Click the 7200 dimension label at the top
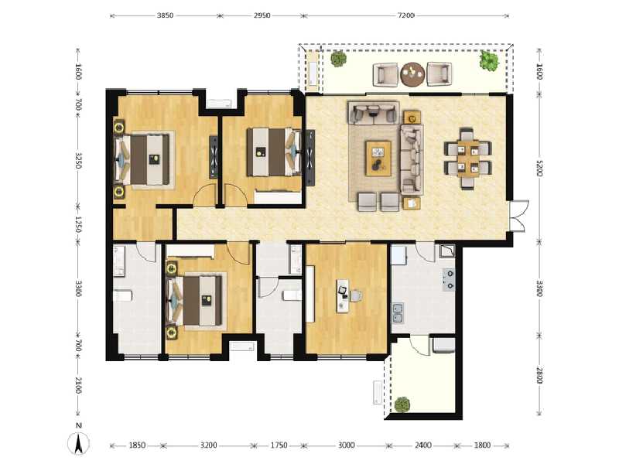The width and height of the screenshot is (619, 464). coord(405,15)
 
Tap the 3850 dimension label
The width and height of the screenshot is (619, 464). coord(165,15)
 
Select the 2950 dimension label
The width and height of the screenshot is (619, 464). coord(262,15)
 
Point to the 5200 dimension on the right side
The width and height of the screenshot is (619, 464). coord(539,168)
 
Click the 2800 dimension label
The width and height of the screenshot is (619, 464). coord(539,375)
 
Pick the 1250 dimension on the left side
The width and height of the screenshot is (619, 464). coord(78,224)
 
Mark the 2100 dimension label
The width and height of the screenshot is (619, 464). coord(78,385)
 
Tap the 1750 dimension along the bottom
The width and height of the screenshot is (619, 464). coord(279,445)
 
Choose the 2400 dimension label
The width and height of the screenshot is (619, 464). coord(422,445)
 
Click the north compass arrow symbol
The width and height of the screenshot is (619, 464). coord(79,443)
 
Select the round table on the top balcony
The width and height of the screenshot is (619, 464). coord(412,74)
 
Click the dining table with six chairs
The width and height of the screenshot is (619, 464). coord(468,159)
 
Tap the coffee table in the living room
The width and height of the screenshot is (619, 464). coord(378,159)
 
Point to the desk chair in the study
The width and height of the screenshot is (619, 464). coord(356,296)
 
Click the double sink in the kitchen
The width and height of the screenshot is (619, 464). coord(398,313)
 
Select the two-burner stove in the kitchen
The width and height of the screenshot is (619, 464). coord(449,280)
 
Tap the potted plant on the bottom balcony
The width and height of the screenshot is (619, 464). coord(402,404)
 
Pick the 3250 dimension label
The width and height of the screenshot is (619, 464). coord(78,161)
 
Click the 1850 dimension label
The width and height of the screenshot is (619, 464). coord(137,445)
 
